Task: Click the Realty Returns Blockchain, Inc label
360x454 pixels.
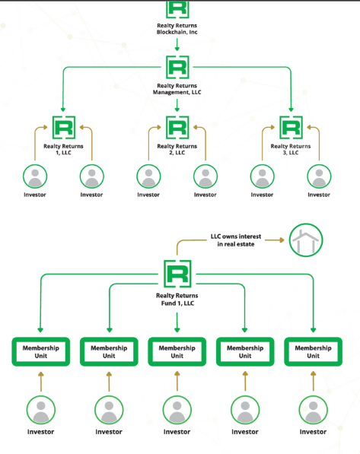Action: coord(177,29)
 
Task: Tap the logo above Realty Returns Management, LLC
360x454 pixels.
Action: coord(177,67)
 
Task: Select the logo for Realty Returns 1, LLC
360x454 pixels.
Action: coord(64,128)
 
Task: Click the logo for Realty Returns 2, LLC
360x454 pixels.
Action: coord(177,128)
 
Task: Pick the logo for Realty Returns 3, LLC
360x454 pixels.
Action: coord(291,128)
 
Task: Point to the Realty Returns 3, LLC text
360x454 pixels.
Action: coord(291,149)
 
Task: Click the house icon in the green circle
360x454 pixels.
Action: coord(306,240)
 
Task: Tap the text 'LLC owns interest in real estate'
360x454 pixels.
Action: coord(236,240)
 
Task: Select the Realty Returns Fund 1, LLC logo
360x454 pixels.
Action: coord(177,274)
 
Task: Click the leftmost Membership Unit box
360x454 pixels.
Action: coord(41,352)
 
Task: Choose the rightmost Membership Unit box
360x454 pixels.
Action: coord(314,352)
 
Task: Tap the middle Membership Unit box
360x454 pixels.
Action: coord(177,352)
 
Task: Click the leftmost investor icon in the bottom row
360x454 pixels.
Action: coord(41,410)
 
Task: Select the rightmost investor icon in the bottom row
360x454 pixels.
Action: coord(314,410)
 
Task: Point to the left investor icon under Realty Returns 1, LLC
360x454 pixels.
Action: coord(35,176)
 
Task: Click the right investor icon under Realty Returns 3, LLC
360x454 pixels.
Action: coord(319,176)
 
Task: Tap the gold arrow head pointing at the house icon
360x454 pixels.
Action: coord(282,240)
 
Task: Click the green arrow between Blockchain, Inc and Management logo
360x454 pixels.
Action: coord(177,45)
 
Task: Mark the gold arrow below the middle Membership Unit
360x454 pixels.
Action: coord(177,382)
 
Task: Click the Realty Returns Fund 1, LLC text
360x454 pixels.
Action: coord(177,300)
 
